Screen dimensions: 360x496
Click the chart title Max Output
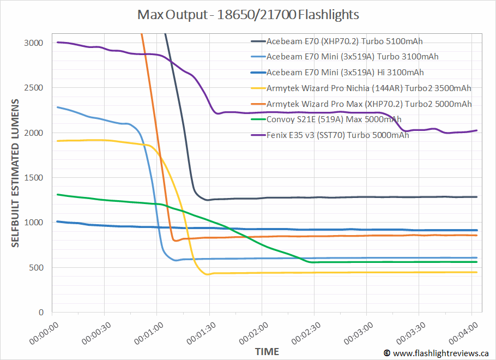click(248, 15)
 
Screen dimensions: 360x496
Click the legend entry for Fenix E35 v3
click(337, 135)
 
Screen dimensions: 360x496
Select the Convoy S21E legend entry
click(334, 119)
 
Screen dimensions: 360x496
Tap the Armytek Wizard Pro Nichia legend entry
click(368, 88)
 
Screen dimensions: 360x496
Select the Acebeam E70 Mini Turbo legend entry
click(352, 57)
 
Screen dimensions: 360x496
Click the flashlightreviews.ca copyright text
click(438, 353)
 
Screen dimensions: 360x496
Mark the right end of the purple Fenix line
click(477, 130)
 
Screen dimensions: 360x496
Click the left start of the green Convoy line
click(58, 194)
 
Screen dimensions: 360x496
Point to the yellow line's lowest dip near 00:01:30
click(207, 274)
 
